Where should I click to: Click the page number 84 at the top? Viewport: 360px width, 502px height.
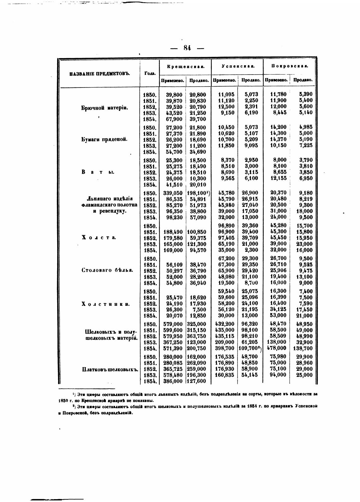187,48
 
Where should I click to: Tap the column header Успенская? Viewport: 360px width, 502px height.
237,67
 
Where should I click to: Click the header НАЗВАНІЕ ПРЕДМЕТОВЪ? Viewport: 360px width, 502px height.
100,74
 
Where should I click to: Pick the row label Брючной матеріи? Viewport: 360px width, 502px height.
105,107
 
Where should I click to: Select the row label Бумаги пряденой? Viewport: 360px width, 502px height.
105,139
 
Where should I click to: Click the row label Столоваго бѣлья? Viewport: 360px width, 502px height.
107,270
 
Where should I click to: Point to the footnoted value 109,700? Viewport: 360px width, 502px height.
250,348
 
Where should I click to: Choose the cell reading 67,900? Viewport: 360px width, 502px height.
174,119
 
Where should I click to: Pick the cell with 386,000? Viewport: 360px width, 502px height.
173,381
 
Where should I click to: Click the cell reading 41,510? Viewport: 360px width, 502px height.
174,184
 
